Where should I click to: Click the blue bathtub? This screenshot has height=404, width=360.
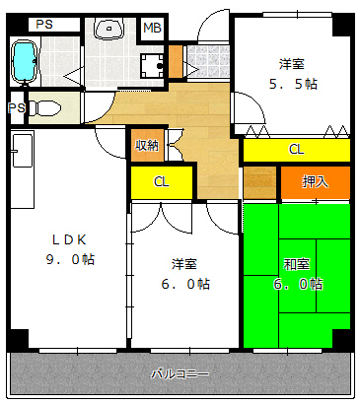coord(25,61)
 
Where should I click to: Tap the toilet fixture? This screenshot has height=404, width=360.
coord(44,107)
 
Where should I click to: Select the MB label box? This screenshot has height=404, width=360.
coord(152,29)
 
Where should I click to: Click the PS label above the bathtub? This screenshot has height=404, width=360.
coord(44,24)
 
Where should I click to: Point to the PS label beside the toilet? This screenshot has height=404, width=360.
coord(17,107)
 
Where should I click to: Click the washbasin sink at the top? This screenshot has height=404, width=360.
coord(108,29)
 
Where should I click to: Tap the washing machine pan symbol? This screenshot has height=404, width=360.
coord(152,66)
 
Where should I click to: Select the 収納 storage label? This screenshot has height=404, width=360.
coord(147,145)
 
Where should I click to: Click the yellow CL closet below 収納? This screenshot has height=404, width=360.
coord(162,182)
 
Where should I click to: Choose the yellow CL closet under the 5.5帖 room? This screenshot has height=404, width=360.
coord(297,150)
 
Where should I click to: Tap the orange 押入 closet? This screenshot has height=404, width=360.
coord(315,182)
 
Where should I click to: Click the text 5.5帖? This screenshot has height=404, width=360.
coord(293,85)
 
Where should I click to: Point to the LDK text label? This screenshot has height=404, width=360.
coord(69,240)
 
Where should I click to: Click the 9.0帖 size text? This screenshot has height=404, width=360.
coord(70,260)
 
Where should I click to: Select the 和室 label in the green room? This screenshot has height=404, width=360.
coord(297,264)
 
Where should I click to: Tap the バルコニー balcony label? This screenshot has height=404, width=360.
coord(180,373)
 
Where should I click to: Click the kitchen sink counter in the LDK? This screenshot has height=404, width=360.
coord(23,168)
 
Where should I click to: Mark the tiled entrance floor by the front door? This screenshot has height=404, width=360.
coord(208,61)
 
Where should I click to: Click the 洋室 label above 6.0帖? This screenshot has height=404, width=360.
coord(184,264)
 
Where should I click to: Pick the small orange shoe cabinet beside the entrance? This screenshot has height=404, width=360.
coord(176,61)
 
